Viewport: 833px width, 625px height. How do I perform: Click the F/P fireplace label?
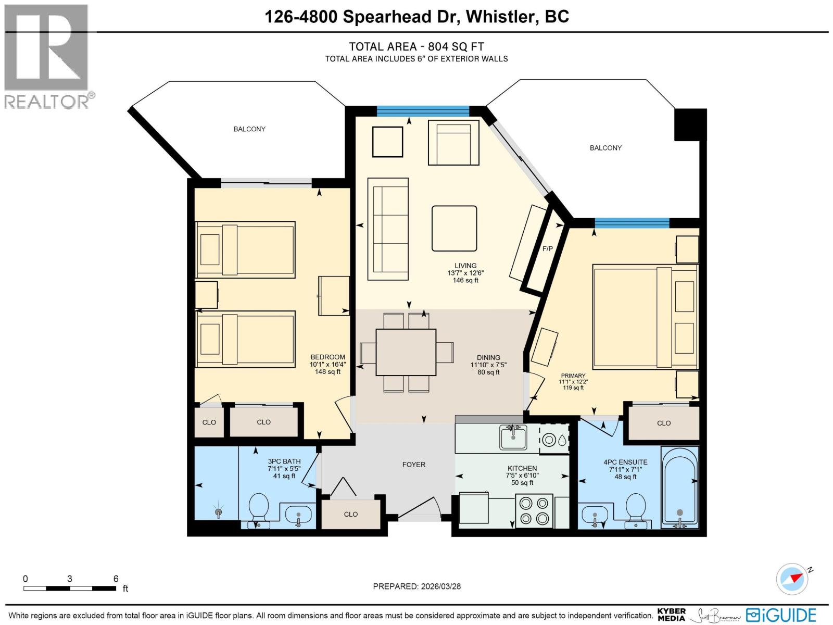click(x=547, y=249)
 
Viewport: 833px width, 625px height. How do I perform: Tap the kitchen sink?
click(x=513, y=438)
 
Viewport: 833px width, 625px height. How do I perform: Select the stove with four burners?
click(x=535, y=511)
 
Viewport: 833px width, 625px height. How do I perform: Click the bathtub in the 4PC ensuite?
click(x=679, y=490)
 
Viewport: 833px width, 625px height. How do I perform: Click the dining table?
click(x=406, y=352)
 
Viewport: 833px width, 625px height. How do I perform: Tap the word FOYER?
click(x=413, y=465)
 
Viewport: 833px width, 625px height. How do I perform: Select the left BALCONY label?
click(x=249, y=129)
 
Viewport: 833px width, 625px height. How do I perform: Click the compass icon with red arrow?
click(x=792, y=579)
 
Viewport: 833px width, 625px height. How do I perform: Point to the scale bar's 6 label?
click(x=116, y=579)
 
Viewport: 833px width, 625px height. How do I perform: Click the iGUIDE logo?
click(x=781, y=615)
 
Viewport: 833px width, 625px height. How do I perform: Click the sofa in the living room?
click(x=388, y=229)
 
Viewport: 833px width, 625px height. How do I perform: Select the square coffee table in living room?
click(x=454, y=228)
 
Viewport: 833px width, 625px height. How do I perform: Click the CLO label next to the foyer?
click(x=350, y=514)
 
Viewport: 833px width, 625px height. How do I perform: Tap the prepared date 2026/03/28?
click(x=439, y=586)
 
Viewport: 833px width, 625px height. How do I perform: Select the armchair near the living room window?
click(x=453, y=143)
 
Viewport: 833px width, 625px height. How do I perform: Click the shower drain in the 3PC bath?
click(x=219, y=512)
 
